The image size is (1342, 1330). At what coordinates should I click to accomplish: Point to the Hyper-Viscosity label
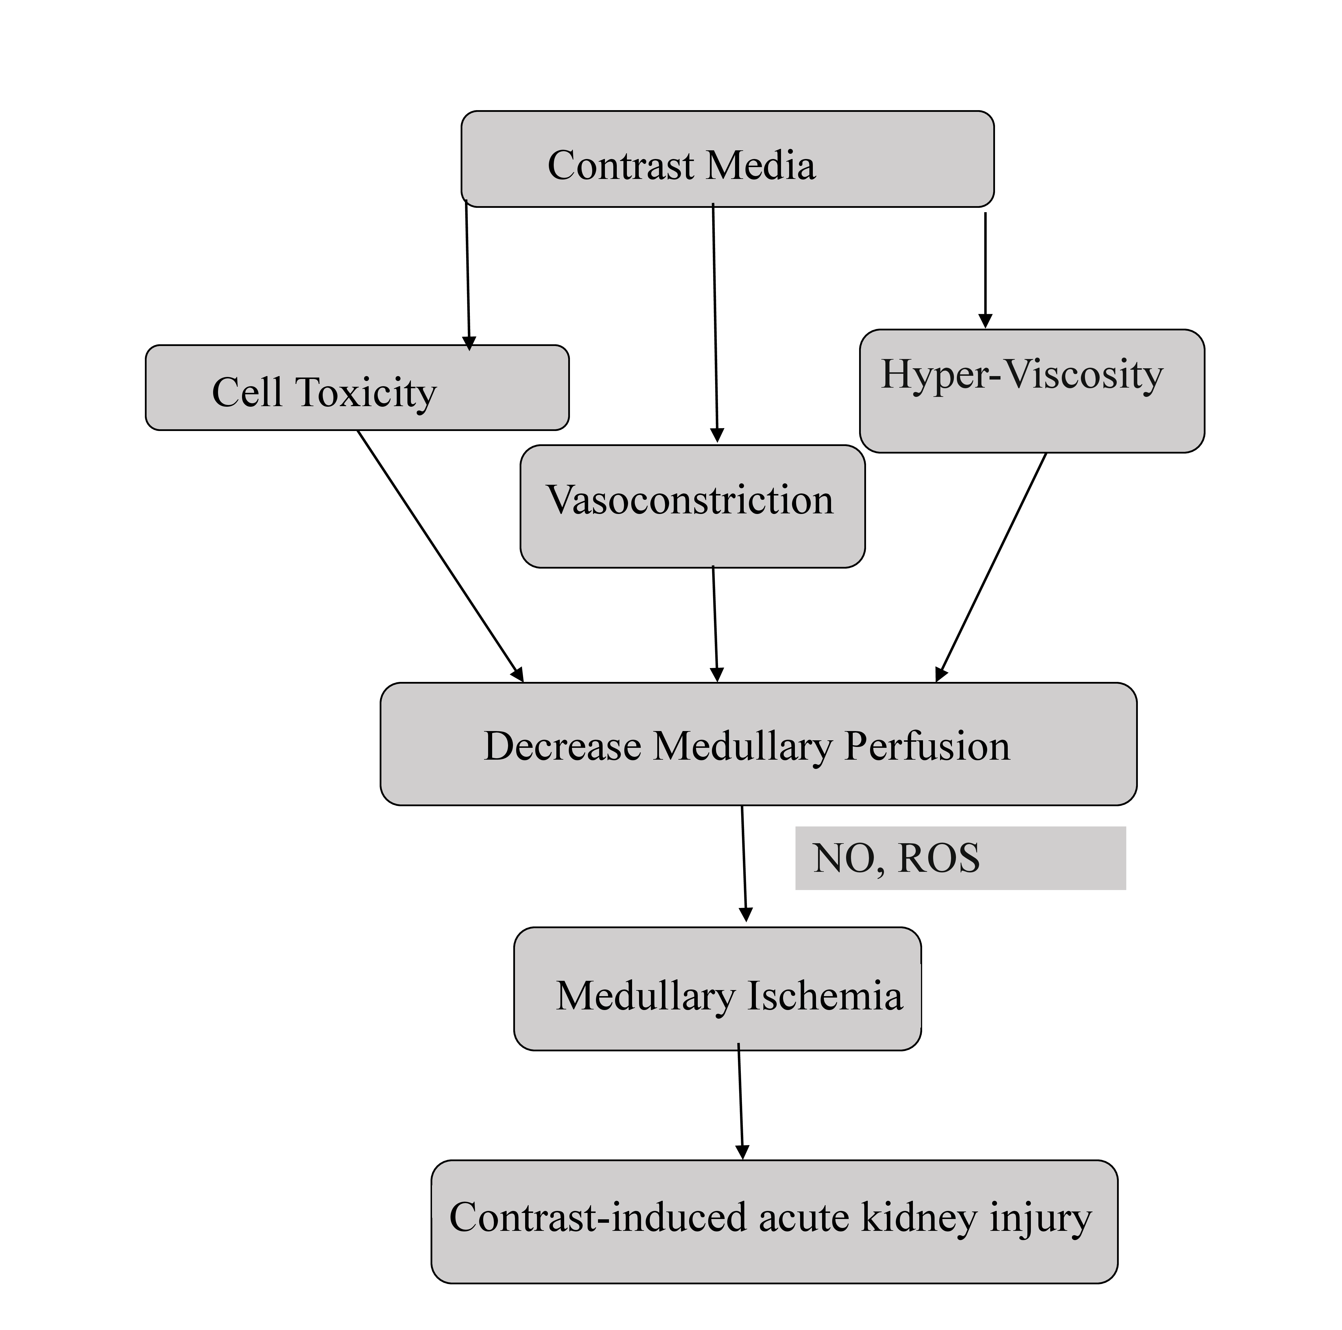tap(1022, 375)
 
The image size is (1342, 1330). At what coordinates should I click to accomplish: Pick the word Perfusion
tap(927, 747)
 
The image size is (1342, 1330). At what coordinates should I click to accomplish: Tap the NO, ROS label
tap(896, 859)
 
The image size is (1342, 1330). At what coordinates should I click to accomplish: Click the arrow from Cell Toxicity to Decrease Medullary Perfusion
tap(440, 556)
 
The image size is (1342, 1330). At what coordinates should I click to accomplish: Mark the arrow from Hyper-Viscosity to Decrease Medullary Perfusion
tap(992, 566)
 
